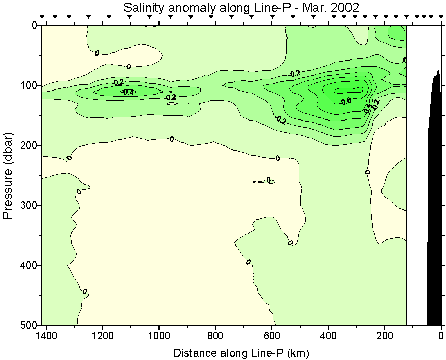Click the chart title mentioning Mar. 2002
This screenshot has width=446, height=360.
tap(241, 8)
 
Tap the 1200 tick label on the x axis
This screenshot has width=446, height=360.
tap(103, 336)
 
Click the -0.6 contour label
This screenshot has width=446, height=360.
tap(345, 101)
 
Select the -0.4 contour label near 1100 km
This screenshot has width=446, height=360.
tap(127, 92)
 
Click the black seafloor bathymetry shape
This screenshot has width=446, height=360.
tap(435, 203)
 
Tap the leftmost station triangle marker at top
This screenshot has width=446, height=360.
tap(42, 17)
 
